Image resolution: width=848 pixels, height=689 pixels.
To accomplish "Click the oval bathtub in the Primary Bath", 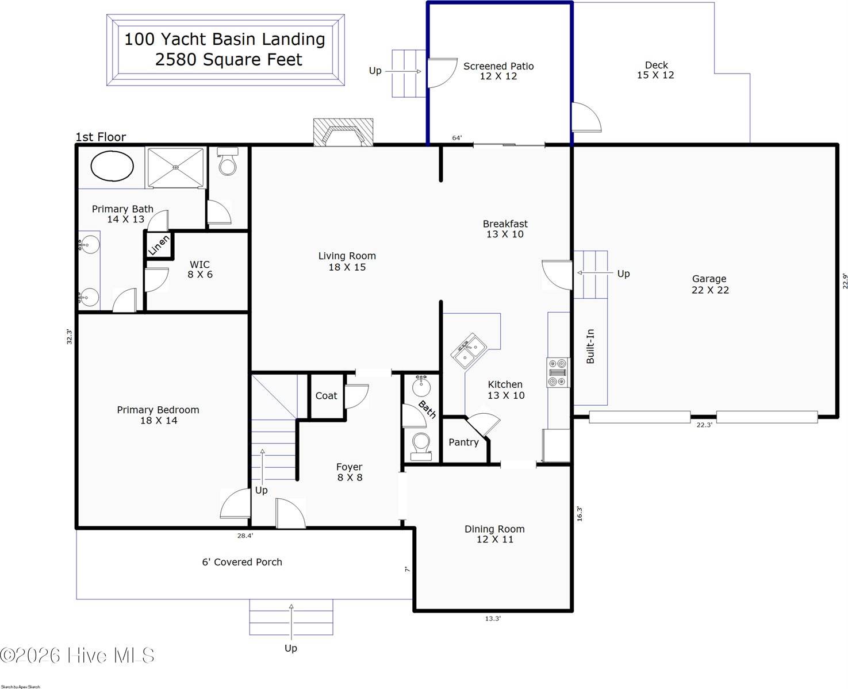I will (x=112, y=166).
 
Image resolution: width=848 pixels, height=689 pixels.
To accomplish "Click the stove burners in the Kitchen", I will (x=558, y=372).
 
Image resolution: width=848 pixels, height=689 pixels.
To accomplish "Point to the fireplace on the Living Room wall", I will (x=343, y=133).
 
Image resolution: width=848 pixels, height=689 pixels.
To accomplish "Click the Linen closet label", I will (x=159, y=245).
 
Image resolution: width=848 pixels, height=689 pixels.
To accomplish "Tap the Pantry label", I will (x=463, y=442).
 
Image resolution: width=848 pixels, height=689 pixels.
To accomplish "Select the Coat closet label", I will (x=326, y=395).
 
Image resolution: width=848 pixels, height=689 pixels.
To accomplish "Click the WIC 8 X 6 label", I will (x=199, y=270).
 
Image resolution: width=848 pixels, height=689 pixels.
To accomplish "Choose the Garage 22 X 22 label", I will (x=709, y=284).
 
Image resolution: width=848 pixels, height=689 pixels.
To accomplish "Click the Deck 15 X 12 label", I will (x=655, y=70).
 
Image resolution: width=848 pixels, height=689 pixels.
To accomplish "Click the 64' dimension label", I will (x=457, y=138).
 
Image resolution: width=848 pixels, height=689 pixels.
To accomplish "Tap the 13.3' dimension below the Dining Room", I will (x=493, y=618).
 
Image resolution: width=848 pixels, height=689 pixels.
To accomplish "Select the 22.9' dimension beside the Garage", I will (x=845, y=281).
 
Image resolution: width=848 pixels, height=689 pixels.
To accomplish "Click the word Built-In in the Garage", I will (x=590, y=346).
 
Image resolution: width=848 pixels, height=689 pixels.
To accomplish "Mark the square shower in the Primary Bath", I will (x=176, y=167).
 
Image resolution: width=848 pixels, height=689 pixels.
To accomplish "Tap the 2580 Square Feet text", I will (x=228, y=60).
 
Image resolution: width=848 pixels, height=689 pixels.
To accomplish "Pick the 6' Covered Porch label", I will (x=242, y=562).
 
